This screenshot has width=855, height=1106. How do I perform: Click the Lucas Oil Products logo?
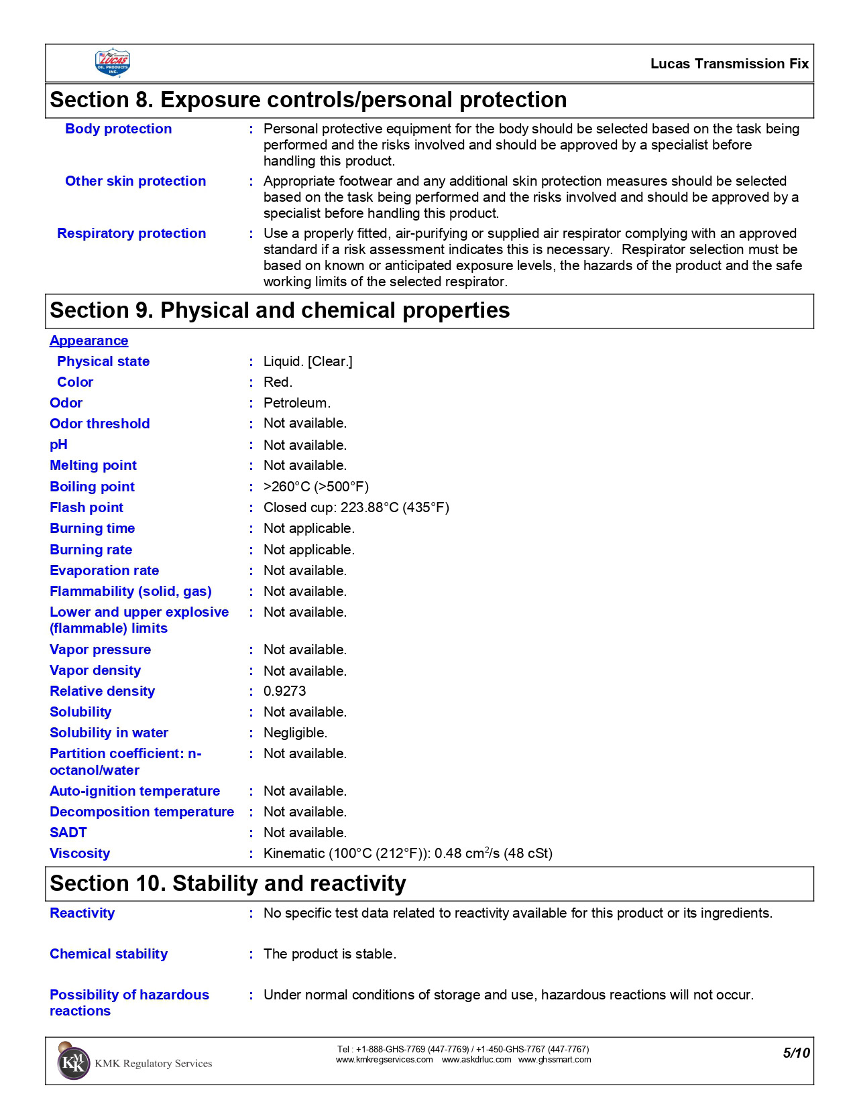point(112,63)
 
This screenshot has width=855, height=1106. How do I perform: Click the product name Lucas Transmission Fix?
point(729,64)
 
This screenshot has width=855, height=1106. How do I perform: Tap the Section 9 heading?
point(280,310)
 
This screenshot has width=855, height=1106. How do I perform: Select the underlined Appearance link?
point(89,341)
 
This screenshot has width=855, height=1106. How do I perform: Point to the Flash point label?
point(87,507)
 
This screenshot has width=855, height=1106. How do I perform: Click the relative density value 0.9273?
point(284,691)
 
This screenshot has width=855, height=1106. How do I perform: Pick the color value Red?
point(278,382)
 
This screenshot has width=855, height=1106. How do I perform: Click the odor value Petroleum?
point(296,403)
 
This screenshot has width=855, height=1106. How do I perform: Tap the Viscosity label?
point(80,853)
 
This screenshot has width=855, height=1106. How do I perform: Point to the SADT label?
point(68,833)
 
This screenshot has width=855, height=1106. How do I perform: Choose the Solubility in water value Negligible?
point(295,733)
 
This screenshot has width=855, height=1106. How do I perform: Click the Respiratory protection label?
point(131,233)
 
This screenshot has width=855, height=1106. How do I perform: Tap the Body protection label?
point(118,129)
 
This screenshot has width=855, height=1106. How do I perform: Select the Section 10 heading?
point(228,883)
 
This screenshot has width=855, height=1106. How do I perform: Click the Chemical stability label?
point(109,954)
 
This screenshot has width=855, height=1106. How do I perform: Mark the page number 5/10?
point(796,1053)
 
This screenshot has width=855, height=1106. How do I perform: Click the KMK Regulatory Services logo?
point(74,1063)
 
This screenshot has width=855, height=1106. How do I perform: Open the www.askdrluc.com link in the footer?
point(476,1060)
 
